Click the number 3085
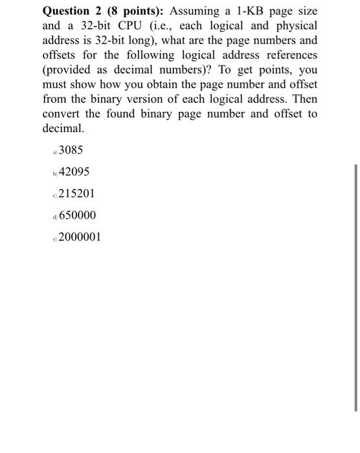(71, 151)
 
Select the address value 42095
(74, 172)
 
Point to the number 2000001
(80, 237)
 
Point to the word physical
(295, 27)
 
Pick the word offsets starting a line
(61, 56)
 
